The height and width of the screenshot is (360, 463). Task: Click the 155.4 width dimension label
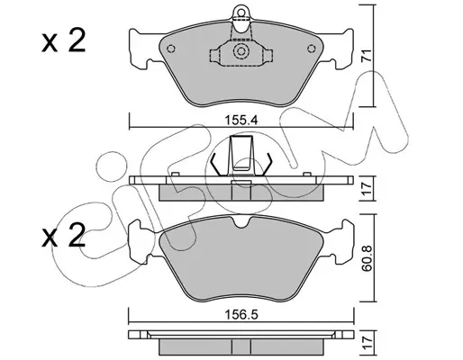point(241,121)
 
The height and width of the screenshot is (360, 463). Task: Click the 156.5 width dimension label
point(241,315)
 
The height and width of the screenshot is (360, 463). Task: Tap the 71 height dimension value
point(367,55)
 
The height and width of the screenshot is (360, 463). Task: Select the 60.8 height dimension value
point(367,258)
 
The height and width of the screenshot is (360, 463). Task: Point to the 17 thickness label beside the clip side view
point(367,188)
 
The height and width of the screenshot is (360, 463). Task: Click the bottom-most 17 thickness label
point(367,342)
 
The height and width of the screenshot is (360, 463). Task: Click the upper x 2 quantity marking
point(64,41)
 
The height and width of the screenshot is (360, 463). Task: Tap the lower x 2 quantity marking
point(64,236)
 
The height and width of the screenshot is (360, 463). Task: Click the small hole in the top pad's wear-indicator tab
point(241,13)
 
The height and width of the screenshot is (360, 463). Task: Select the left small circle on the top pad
point(171,49)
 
